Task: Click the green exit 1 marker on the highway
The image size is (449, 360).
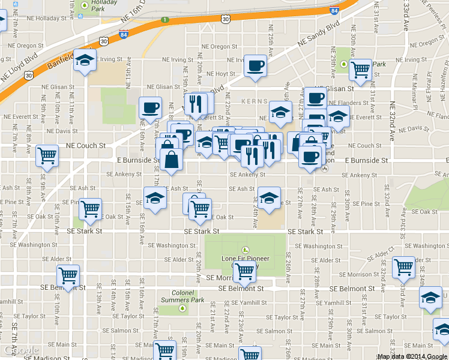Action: click(x=164, y=21)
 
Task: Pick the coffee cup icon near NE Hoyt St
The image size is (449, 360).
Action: click(x=256, y=65)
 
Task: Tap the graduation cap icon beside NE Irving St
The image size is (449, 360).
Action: click(x=85, y=59)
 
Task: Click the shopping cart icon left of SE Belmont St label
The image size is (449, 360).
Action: click(x=68, y=276)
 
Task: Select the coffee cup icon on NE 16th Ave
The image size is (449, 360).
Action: click(x=150, y=108)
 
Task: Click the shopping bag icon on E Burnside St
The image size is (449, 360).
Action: click(x=172, y=160)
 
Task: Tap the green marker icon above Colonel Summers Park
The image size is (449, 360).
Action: click(x=182, y=308)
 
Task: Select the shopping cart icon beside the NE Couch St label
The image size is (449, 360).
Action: click(x=47, y=156)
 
